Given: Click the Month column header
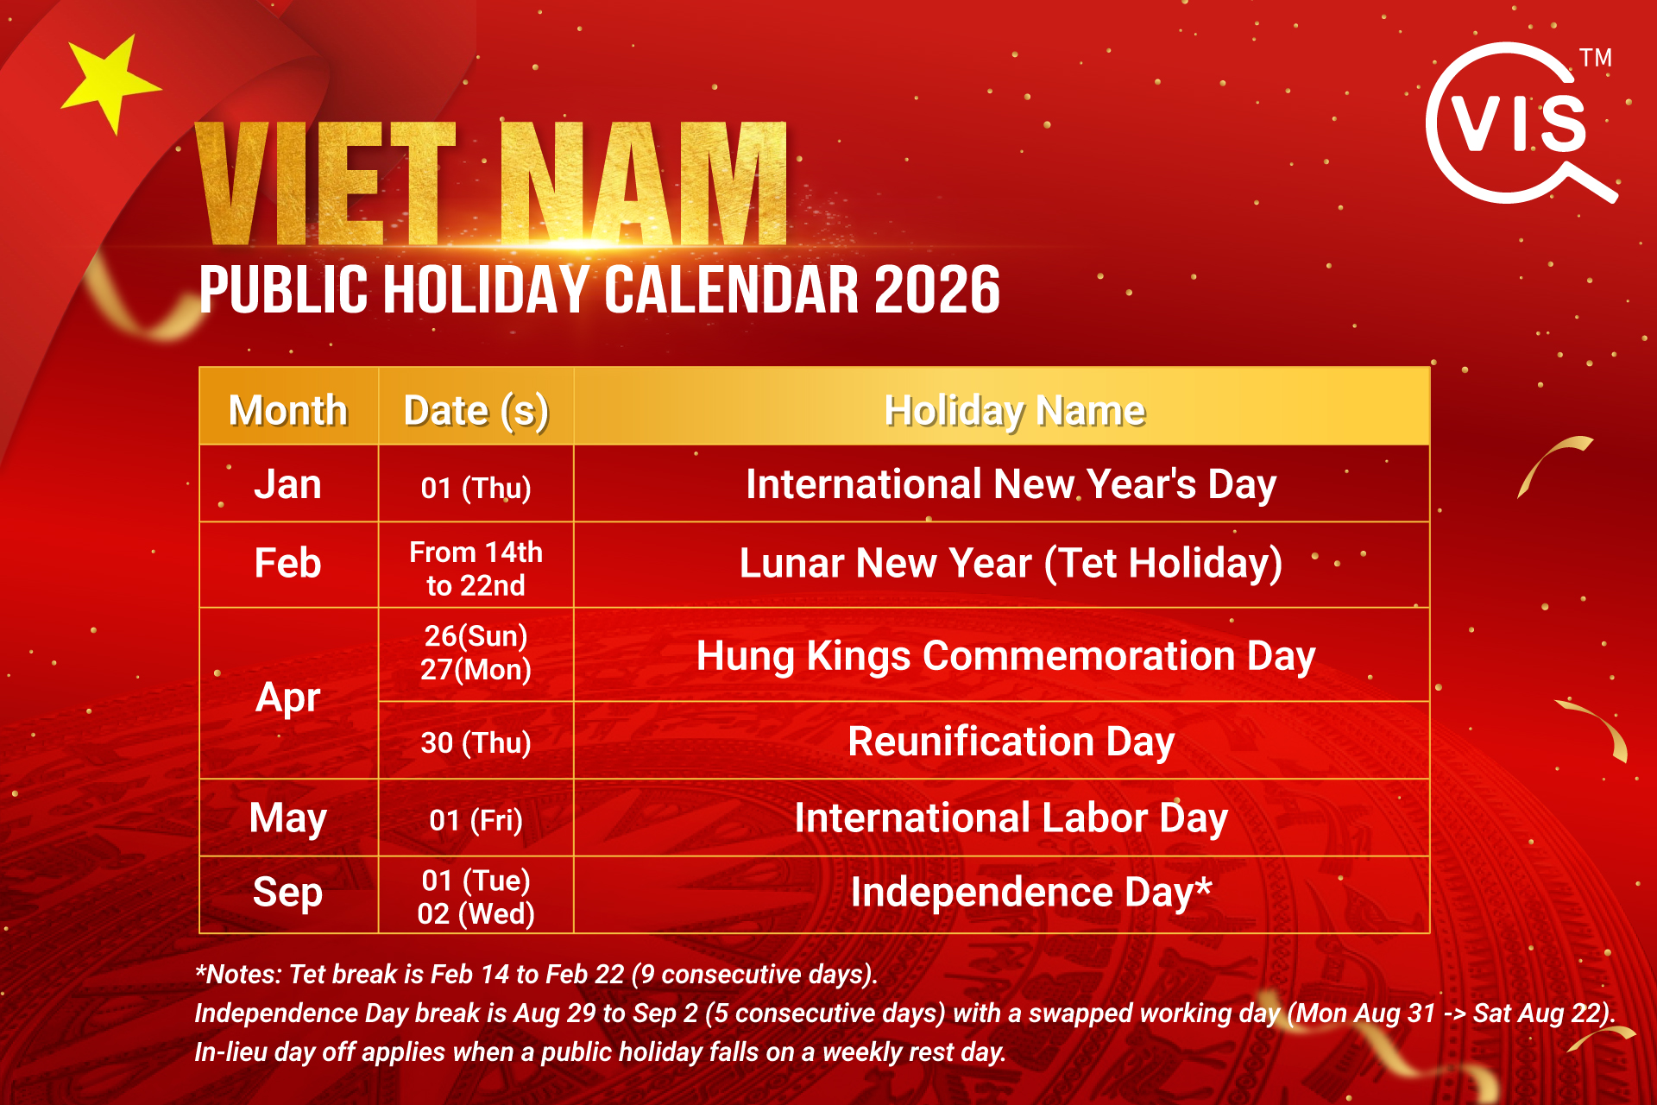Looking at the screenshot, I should (288, 410).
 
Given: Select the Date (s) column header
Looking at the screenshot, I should (476, 410).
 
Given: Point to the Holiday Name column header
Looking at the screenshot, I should (1015, 410).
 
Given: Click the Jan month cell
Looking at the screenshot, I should (287, 484).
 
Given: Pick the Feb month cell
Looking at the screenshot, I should (287, 564).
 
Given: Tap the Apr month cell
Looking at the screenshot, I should (287, 697).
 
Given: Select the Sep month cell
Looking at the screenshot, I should (287, 893).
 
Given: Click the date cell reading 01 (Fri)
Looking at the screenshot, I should (476, 819).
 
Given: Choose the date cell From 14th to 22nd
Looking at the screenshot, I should (476, 568).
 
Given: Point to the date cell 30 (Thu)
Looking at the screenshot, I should (476, 742).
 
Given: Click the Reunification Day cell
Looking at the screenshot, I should (1011, 742).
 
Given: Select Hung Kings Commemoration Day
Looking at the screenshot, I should (1005, 656).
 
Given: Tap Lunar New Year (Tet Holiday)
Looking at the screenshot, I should (1011, 564).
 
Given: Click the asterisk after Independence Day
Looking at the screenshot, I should (1203, 885).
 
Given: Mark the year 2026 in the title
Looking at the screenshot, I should (936, 289).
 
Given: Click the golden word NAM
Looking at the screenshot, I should (644, 183).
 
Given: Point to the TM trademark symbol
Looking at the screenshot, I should (1596, 58).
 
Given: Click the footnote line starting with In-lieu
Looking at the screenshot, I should (600, 1052).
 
